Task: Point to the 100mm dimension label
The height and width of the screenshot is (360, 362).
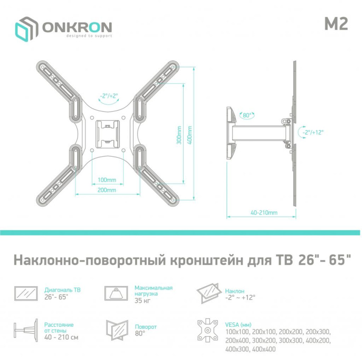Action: (x=104, y=180)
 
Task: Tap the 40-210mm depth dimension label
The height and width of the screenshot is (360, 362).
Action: (x=264, y=212)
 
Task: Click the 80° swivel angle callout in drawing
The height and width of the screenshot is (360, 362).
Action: (x=246, y=114)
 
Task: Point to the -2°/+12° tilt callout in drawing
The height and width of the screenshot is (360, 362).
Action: (x=313, y=132)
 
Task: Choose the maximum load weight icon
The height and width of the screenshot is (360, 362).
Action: (x=117, y=293)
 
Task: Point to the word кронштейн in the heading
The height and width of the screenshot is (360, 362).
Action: (x=206, y=260)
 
